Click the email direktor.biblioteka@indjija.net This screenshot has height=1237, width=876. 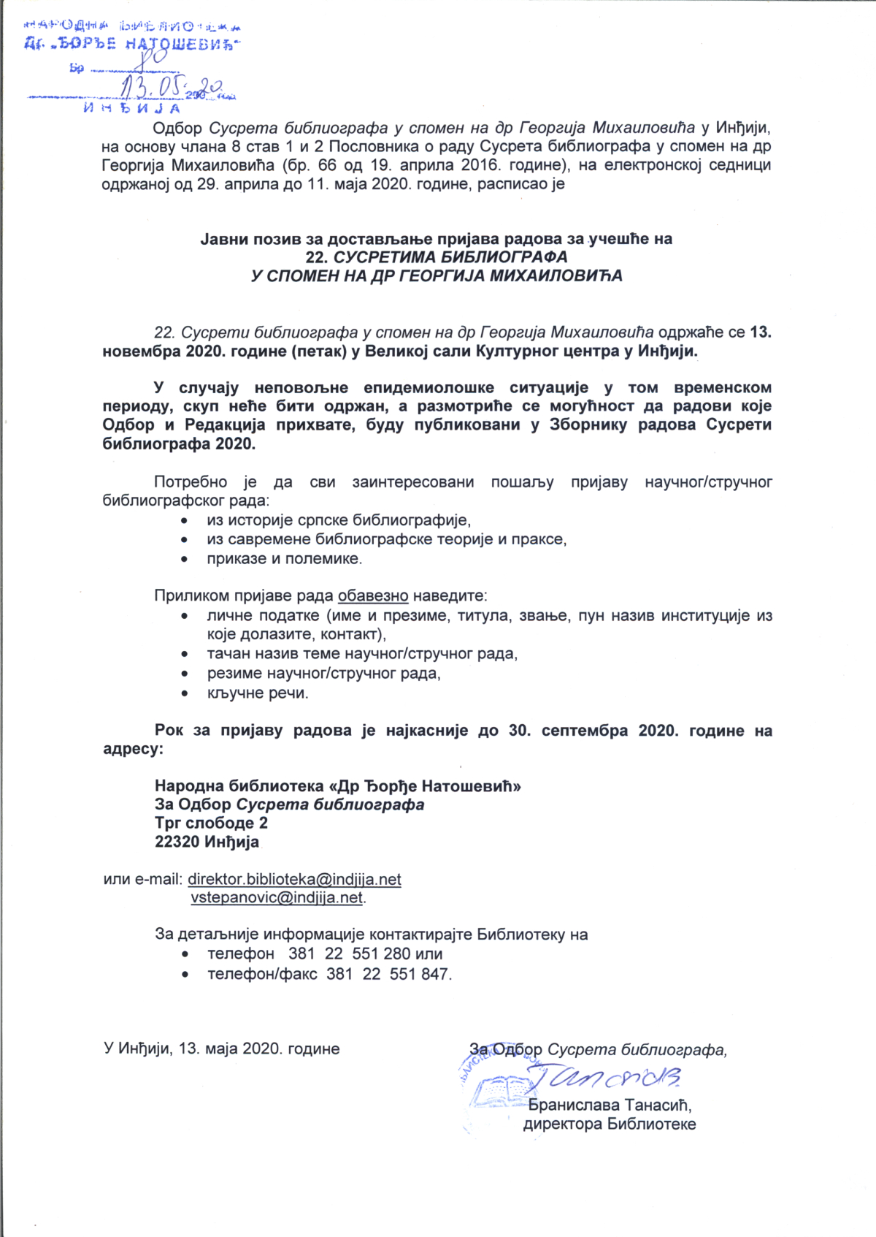click(x=294, y=879)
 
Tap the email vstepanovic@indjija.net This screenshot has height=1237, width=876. click(x=277, y=897)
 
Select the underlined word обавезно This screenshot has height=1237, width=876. click(x=372, y=595)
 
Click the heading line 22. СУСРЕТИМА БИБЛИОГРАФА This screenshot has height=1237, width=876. click(x=437, y=257)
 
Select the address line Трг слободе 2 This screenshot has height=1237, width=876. click(x=211, y=823)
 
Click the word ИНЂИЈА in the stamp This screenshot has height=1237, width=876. click(x=131, y=109)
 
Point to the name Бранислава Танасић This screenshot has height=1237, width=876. click(x=610, y=1105)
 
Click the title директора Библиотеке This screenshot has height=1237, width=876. click(x=610, y=1124)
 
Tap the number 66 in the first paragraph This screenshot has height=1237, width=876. click(x=327, y=165)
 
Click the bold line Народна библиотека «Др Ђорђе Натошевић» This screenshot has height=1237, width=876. click(x=337, y=786)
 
